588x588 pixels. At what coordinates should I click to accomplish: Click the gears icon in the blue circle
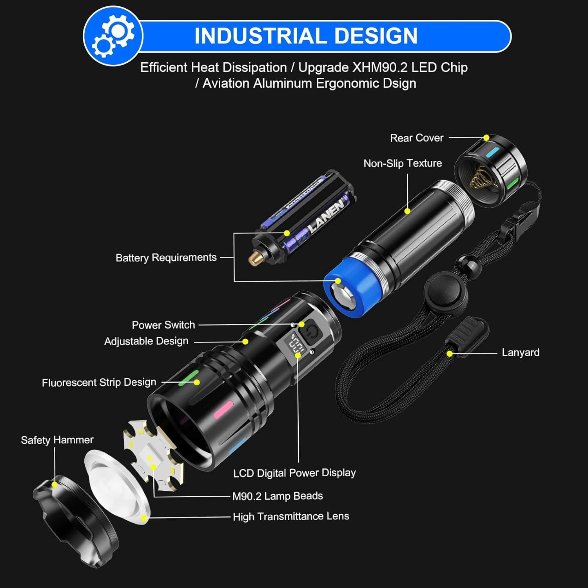coord(113,36)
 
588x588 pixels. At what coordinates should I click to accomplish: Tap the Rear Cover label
coord(416,138)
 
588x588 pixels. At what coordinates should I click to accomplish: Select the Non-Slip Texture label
coord(403,163)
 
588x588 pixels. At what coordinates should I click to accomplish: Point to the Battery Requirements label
coord(166,258)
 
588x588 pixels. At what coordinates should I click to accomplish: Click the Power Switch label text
coord(163,325)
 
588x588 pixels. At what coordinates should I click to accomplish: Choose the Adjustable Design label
coord(146,341)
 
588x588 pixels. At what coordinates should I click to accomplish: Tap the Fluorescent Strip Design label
coord(99,382)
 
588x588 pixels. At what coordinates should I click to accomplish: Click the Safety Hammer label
coord(57,440)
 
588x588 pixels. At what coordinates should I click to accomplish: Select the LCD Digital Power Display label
coord(294,473)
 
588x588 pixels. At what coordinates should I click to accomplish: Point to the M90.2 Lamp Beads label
coord(278,496)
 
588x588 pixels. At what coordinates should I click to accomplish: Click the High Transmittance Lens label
coord(291,516)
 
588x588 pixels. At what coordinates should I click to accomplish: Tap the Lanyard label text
coord(521,352)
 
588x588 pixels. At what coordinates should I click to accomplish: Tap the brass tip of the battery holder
coord(254,258)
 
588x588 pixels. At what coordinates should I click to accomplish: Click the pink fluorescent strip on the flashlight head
coord(223,410)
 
